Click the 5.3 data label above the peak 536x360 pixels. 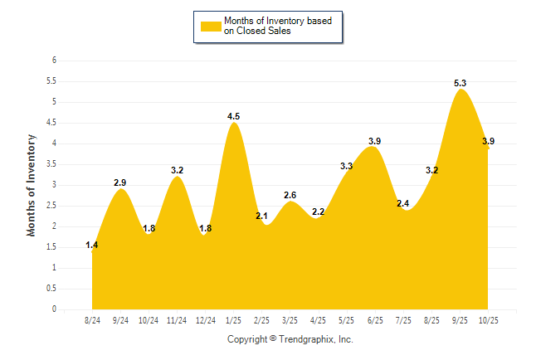pyautogui.click(x=460, y=83)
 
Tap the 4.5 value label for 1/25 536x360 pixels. pyautogui.click(x=234, y=116)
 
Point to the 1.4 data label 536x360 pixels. pyautogui.click(x=92, y=246)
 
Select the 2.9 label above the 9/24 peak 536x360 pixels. pyautogui.click(x=120, y=182)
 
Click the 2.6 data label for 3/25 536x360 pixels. pyautogui.click(x=290, y=195)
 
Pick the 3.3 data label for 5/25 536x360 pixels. pyautogui.click(x=347, y=166)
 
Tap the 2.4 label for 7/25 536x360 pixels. pyautogui.click(x=404, y=203)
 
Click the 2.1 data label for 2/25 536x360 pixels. pyautogui.click(x=261, y=216)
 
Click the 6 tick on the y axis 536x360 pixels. pyautogui.click(x=54, y=61)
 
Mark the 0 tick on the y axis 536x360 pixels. pyautogui.click(x=54, y=309)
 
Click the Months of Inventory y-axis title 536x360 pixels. pyautogui.click(x=32, y=185)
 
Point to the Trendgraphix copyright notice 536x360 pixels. pyautogui.click(x=290, y=339)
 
